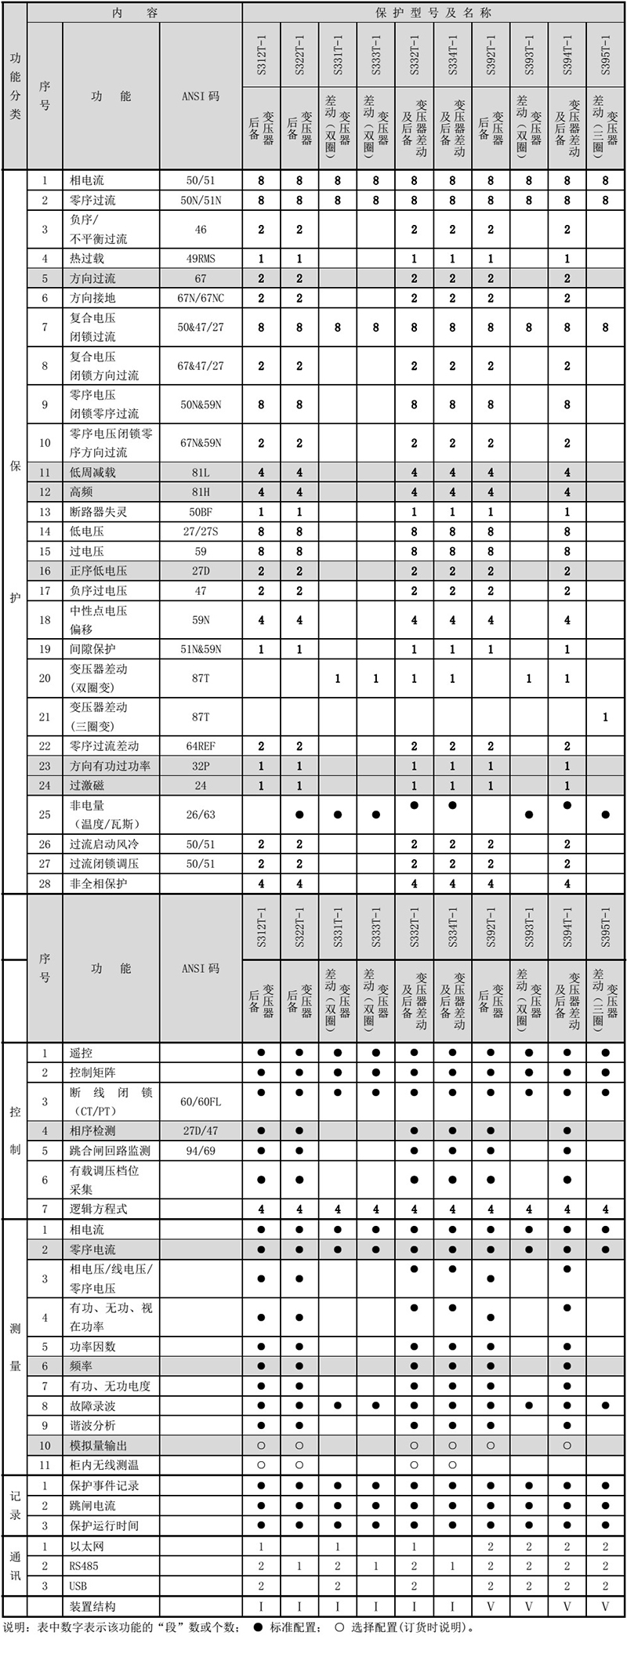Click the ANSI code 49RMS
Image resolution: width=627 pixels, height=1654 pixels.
[x=201, y=259]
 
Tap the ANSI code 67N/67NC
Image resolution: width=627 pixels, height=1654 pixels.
[x=201, y=298]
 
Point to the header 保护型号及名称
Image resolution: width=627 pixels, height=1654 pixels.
[x=433, y=13]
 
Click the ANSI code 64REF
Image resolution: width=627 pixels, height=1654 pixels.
[x=201, y=746]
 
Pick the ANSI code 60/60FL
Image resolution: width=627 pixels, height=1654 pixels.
[x=201, y=1101]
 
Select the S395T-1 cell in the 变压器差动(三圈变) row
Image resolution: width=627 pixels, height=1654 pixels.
[x=605, y=716]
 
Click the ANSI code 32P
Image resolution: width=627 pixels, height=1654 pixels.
[x=201, y=766]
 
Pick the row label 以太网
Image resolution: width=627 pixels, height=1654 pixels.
[x=87, y=1546]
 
